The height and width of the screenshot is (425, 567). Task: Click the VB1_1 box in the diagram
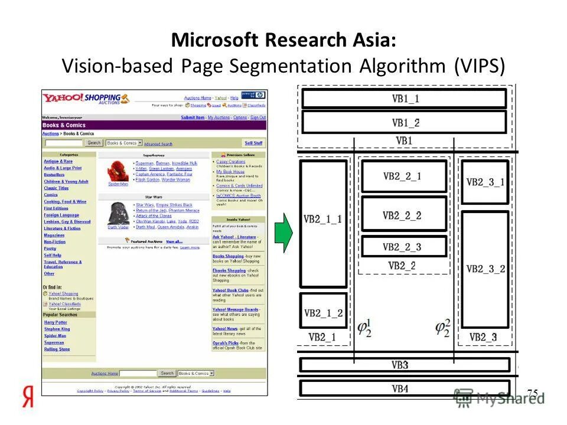(404, 99)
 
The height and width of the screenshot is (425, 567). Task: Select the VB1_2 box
(404, 122)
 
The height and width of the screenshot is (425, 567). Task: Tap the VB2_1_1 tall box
(323, 223)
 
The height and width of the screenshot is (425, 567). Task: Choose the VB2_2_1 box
(404, 176)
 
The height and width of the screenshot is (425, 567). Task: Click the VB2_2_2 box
(404, 215)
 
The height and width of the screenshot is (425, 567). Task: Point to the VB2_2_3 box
(404, 247)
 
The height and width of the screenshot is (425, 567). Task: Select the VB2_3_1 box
(485, 182)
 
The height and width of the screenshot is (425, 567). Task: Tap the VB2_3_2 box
(485, 269)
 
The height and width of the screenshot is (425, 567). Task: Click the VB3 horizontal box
(404, 365)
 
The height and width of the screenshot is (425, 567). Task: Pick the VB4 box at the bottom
(404, 388)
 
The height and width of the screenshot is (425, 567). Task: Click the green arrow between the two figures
(285, 233)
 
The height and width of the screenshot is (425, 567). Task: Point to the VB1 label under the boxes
(404, 140)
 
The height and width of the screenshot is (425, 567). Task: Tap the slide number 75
(532, 393)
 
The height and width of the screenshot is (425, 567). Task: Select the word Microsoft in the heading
(215, 41)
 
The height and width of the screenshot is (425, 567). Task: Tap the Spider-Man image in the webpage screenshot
(118, 170)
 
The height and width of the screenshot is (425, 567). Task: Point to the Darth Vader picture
(118, 213)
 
